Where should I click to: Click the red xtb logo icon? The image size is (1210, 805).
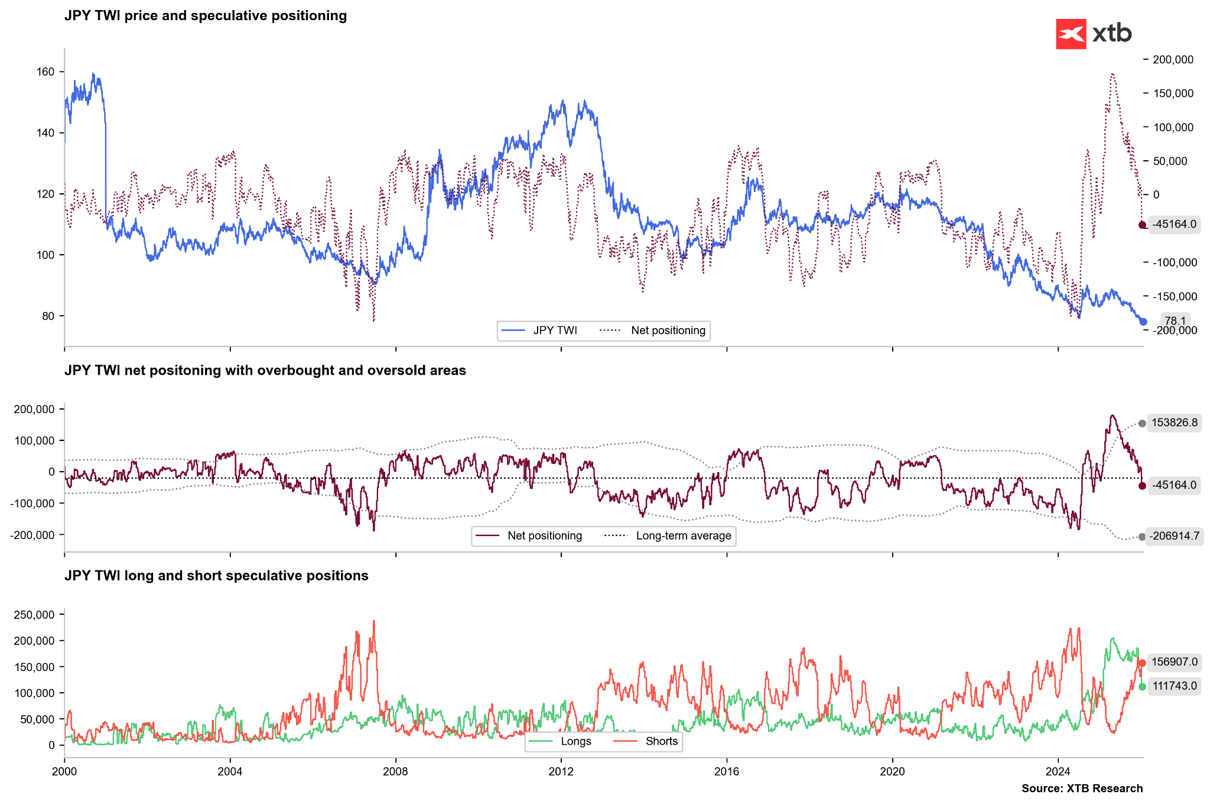coord(1071,34)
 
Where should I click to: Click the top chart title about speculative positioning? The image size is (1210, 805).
coord(205,16)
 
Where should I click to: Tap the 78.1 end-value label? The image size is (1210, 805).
coord(1175,321)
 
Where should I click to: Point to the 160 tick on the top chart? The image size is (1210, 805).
coord(45,72)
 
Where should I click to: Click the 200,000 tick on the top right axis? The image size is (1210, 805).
coord(1173,60)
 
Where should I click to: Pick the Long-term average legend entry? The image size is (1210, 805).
coord(668,536)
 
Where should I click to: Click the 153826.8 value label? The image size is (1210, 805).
coord(1174,423)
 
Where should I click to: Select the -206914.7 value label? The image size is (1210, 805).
coord(1175,537)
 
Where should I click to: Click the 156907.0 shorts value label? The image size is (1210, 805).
coord(1174,663)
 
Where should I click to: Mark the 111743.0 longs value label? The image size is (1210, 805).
coord(1174,686)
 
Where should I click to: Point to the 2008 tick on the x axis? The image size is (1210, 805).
coord(395,771)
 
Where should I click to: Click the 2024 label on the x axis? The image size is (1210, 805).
coord(1058,771)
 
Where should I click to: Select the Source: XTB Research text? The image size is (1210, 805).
coord(1082,788)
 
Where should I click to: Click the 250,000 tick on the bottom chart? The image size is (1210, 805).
coord(34,615)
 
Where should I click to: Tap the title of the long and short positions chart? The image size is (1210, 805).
coord(216,576)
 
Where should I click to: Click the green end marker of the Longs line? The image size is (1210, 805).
coord(1142,686)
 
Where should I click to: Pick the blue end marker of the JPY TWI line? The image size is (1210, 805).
coord(1143,322)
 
